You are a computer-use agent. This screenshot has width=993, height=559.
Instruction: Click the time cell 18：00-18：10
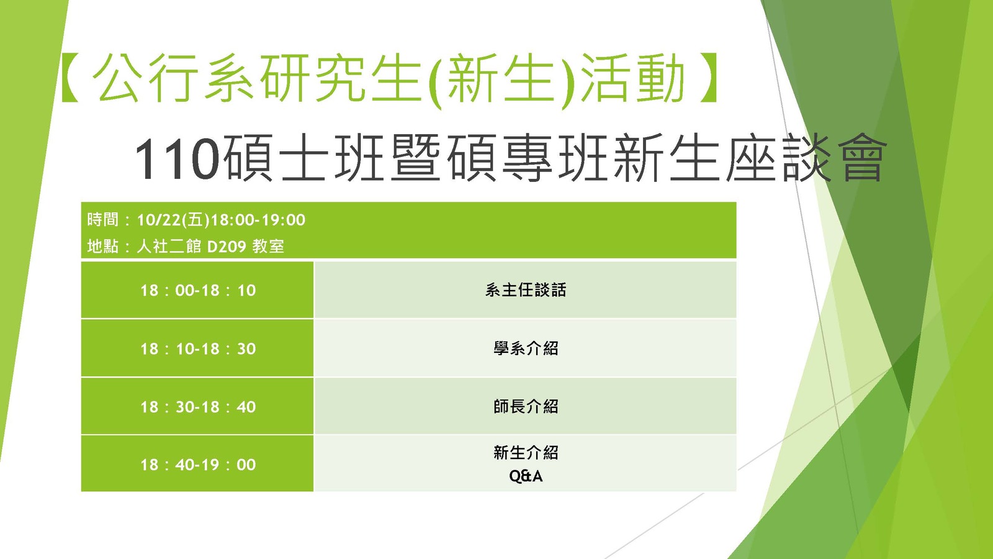[198, 291]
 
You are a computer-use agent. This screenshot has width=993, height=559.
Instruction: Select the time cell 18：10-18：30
[198, 348]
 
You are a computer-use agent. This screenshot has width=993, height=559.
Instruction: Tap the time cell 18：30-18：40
[198, 407]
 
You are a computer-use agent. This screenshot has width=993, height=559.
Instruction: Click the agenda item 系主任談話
[525, 290]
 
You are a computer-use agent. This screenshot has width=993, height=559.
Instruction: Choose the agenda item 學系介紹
[525, 348]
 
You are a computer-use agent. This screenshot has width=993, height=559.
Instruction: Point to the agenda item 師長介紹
[525, 406]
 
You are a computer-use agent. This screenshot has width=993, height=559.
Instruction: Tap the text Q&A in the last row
[526, 476]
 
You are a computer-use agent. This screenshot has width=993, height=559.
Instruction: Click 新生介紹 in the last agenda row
[525, 453]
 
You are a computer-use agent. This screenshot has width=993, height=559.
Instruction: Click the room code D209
[227, 246]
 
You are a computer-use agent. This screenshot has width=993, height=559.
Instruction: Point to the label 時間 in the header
[103, 220]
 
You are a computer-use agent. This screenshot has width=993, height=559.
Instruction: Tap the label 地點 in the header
[103, 246]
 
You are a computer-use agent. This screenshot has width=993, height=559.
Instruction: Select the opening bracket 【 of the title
[70, 79]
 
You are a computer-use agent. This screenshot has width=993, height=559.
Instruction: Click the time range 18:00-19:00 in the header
[258, 220]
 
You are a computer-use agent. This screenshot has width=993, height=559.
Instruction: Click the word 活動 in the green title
[632, 79]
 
